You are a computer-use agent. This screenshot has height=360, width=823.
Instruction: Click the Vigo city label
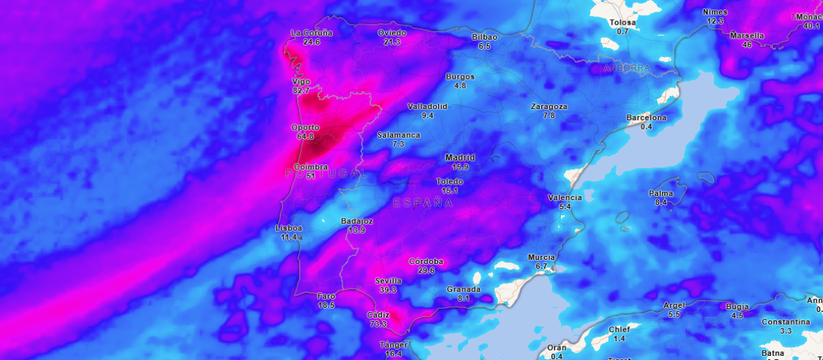click(300, 82)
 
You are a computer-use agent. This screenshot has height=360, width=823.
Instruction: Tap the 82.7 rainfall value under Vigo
click(300, 91)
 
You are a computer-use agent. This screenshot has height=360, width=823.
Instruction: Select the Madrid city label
click(460, 158)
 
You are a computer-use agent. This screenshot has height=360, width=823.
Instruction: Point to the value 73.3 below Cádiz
click(378, 324)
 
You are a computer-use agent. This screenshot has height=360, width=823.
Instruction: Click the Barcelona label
click(646, 118)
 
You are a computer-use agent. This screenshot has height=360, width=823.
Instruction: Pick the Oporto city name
click(305, 128)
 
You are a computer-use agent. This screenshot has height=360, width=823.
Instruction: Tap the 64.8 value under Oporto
click(305, 136)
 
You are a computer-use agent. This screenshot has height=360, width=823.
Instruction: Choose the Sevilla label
click(388, 281)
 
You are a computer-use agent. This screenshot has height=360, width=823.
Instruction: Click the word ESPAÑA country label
click(423, 203)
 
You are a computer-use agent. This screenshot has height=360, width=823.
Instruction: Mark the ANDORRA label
click(627, 69)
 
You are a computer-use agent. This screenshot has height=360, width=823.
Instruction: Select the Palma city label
click(661, 193)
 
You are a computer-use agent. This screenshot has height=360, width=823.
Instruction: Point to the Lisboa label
click(288, 228)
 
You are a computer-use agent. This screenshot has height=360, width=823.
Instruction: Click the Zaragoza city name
click(549, 107)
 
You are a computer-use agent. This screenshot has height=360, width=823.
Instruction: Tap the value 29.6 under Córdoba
click(426, 270)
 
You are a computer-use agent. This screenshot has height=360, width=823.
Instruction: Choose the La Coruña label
click(311, 33)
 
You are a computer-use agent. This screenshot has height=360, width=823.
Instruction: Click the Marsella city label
click(747, 36)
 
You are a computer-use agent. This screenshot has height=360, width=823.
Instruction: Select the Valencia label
click(565, 197)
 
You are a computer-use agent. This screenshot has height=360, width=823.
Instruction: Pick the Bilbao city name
click(484, 37)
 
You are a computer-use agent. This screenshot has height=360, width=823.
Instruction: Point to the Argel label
click(674, 305)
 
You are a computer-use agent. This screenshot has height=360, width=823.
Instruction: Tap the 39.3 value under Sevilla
click(388, 290)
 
